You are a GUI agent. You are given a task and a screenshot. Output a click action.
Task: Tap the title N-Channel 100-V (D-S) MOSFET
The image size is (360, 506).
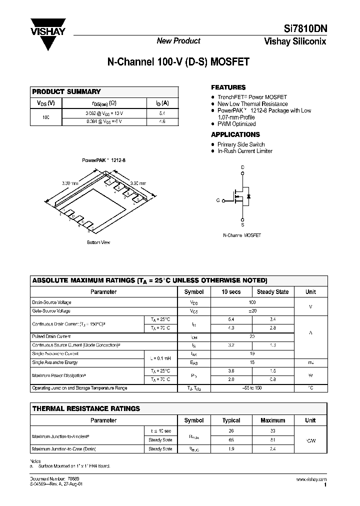(x=178, y=62)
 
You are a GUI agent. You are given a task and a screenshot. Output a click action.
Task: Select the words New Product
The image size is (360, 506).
(x=178, y=41)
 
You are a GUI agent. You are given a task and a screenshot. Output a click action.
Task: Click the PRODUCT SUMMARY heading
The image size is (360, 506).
(x=66, y=92)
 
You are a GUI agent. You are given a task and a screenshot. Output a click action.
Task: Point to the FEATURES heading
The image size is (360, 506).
(x=228, y=87)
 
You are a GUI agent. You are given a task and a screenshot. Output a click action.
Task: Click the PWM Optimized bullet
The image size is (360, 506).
(x=236, y=124)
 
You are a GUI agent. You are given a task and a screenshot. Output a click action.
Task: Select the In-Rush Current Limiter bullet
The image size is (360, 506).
(x=245, y=151)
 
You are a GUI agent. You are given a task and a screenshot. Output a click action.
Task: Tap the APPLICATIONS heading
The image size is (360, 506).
(x=235, y=134)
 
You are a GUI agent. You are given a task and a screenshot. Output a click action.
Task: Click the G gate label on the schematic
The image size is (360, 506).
(x=218, y=200)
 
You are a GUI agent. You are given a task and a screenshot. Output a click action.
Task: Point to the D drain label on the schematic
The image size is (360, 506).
(x=242, y=167)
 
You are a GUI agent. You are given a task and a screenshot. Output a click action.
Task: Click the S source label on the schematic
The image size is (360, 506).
(x=242, y=225)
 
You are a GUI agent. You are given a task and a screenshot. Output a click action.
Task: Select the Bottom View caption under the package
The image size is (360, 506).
(x=98, y=242)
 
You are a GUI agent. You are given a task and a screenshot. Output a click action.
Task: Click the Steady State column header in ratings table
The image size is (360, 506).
(x=272, y=292)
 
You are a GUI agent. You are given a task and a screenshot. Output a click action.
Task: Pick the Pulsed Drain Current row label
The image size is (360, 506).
(x=51, y=336)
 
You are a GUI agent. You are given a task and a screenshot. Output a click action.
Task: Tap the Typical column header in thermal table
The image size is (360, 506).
(x=231, y=420)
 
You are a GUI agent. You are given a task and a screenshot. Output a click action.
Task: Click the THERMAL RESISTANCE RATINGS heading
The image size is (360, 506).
(x=86, y=408)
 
